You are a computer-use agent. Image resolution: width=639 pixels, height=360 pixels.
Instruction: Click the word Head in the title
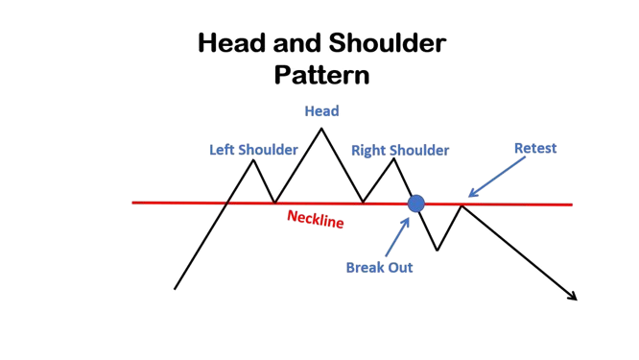tap(231, 43)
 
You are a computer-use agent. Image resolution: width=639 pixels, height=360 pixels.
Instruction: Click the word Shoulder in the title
tap(388, 43)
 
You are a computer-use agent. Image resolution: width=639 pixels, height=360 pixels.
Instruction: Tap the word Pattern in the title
tap(322, 76)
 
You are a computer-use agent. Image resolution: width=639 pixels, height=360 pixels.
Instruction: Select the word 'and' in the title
tap(296, 43)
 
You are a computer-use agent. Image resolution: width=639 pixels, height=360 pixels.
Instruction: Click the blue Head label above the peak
tap(322, 111)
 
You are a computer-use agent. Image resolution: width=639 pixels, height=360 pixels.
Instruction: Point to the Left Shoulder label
tap(253, 150)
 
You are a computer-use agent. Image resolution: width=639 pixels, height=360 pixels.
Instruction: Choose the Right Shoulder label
tap(400, 150)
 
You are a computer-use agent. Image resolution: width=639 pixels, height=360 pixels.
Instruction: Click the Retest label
tap(535, 148)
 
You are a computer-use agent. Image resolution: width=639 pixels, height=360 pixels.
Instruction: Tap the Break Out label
tap(379, 268)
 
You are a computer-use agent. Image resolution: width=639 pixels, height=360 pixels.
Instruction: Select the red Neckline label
tap(316, 219)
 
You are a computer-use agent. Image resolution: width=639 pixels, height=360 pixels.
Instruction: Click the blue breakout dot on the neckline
tap(416, 204)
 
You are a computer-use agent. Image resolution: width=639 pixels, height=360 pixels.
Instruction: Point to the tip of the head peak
tap(321, 129)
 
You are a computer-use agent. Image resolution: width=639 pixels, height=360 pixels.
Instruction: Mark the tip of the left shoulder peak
tap(253, 160)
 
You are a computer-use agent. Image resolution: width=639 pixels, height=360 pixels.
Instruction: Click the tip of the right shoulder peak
tap(393, 159)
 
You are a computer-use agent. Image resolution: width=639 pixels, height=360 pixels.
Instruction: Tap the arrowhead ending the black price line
tap(574, 297)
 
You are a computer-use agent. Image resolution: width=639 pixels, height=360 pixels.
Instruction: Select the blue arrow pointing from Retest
tap(497, 177)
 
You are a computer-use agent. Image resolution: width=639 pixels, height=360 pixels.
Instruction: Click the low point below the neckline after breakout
tap(437, 250)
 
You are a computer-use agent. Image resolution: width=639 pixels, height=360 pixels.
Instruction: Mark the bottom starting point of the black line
tap(175, 289)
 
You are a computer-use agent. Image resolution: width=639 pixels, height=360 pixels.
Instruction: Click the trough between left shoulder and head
tap(274, 203)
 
